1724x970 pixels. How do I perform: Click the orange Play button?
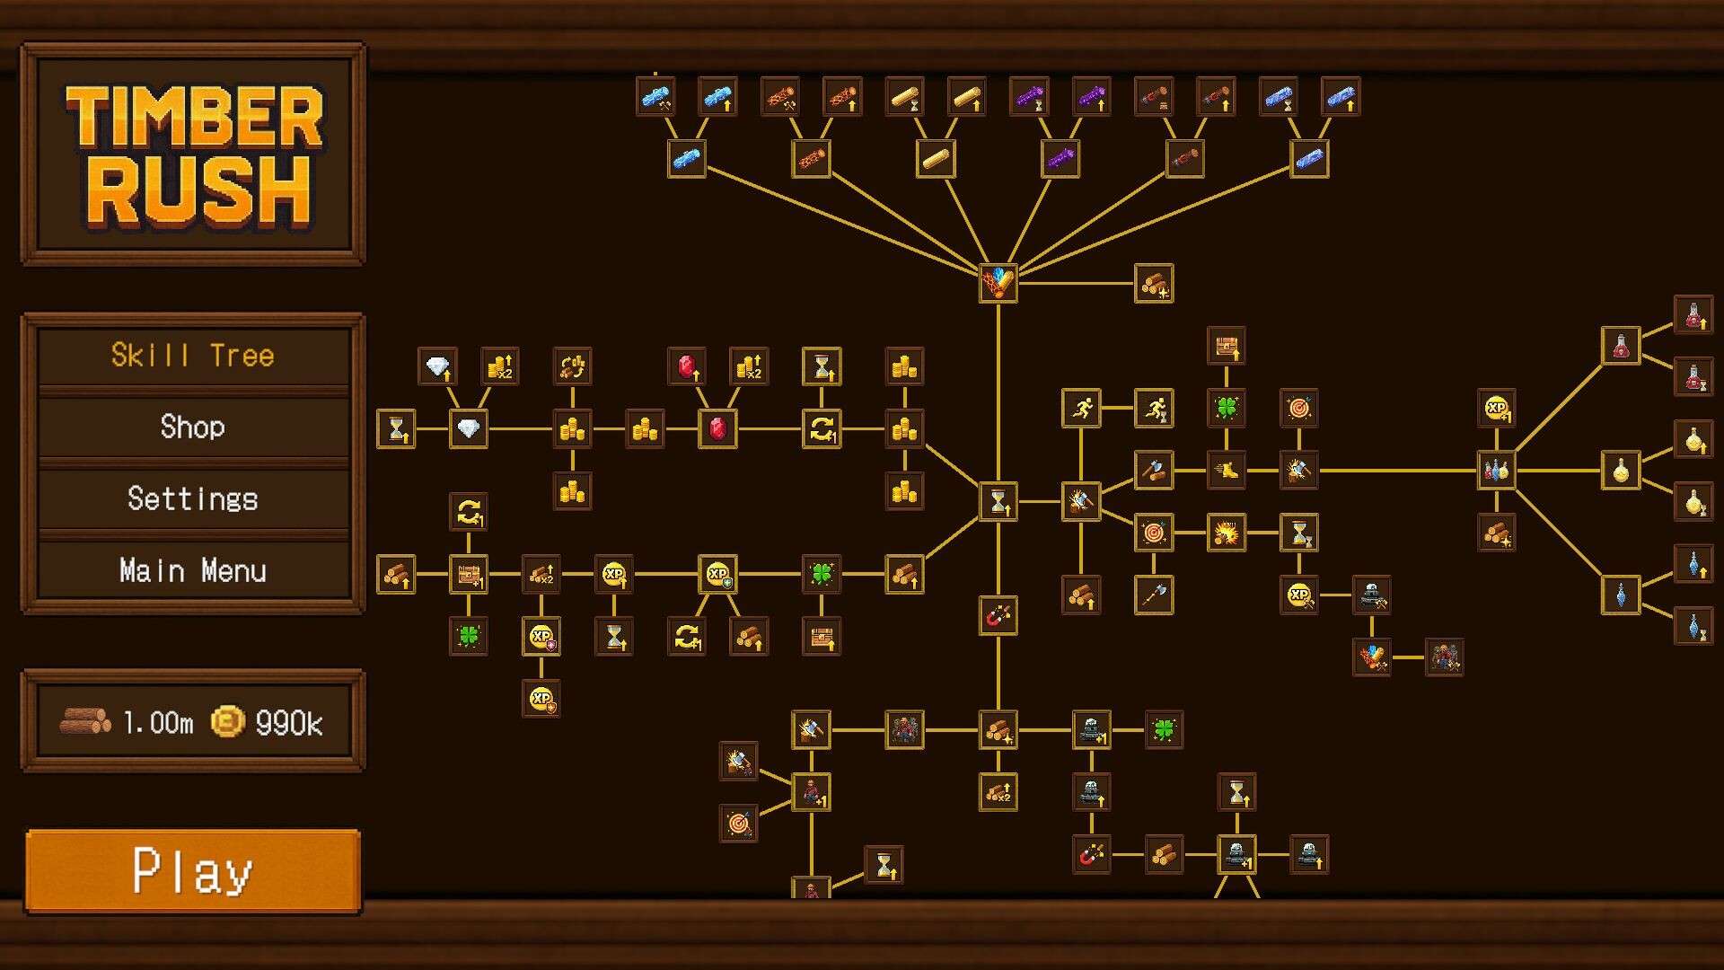(x=193, y=871)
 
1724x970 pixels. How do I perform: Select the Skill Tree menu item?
(x=193, y=356)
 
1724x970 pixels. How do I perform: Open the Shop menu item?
(x=193, y=427)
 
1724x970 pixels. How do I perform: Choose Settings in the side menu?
(x=193, y=498)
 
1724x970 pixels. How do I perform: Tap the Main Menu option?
(x=193, y=570)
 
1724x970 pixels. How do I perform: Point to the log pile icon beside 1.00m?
(x=85, y=721)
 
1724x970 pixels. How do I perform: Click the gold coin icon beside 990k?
(x=228, y=721)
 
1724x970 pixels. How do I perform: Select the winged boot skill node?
(x=1226, y=470)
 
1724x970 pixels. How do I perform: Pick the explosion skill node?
(x=1226, y=533)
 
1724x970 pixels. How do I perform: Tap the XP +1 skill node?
(x=1497, y=408)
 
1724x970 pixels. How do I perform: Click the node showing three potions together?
(x=1497, y=470)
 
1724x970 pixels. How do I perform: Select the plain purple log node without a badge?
(x=1060, y=159)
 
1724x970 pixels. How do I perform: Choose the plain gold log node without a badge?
(x=936, y=159)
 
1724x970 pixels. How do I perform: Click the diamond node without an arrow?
(x=468, y=428)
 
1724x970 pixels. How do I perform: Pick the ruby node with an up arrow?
(x=687, y=366)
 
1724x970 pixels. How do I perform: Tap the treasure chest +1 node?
(x=468, y=574)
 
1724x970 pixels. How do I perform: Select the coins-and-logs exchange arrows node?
(x=572, y=366)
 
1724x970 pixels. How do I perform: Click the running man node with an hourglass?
(x=1154, y=409)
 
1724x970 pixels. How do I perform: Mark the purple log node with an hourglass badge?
(x=1029, y=97)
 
